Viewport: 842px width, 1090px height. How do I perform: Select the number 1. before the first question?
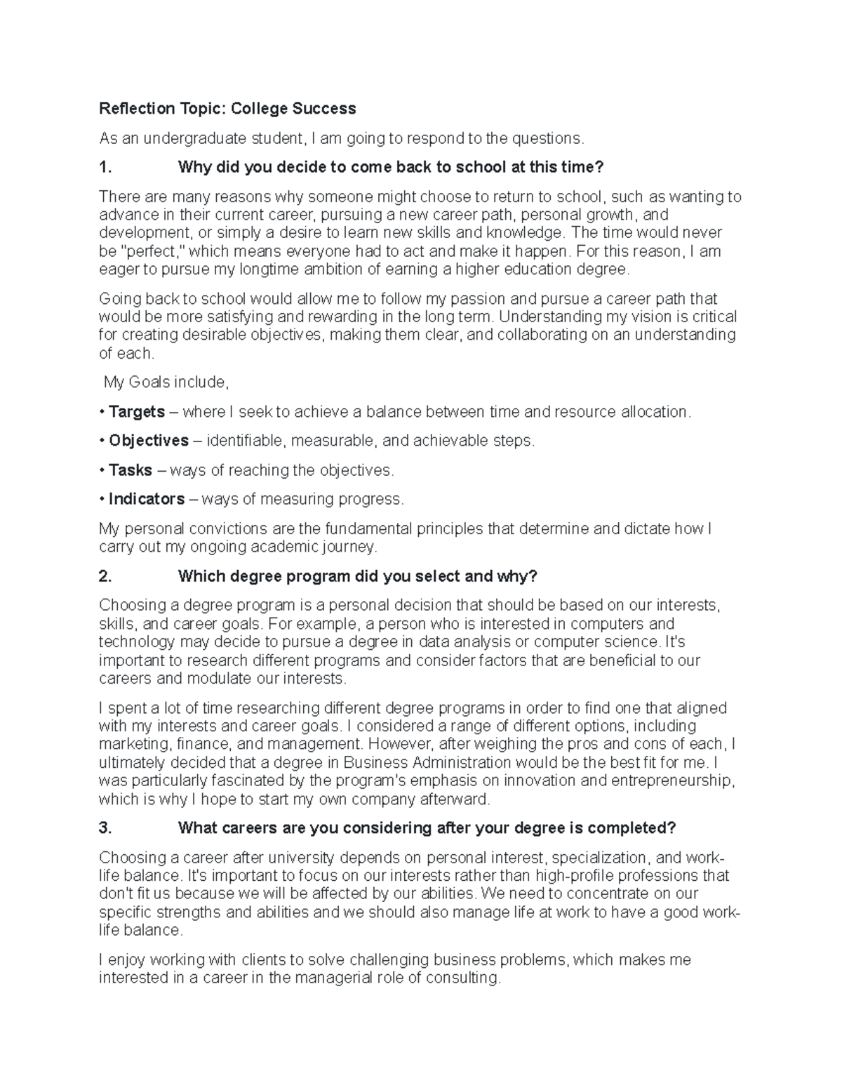point(105,168)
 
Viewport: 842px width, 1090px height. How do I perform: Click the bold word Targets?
point(137,412)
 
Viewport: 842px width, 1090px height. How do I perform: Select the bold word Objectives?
point(149,441)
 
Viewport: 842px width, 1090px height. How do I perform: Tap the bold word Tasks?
point(131,470)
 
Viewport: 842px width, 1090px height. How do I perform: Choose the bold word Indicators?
point(147,499)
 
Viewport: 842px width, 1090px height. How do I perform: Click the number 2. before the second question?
point(105,577)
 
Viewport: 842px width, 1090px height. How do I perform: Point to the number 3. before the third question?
point(105,828)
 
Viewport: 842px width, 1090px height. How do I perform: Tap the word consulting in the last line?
point(463,978)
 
